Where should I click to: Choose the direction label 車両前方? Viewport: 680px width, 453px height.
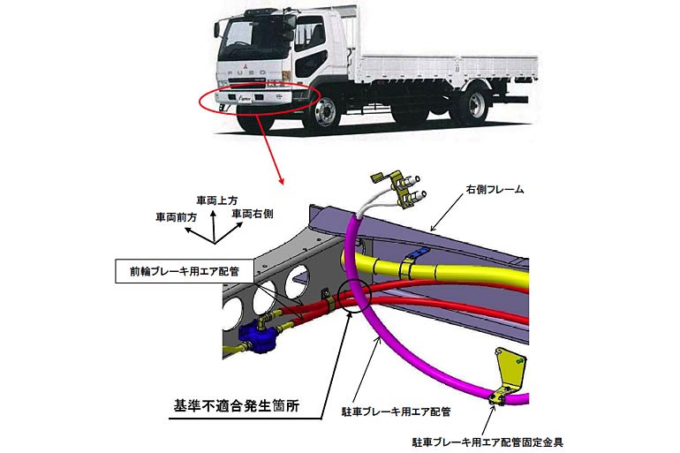[176, 215]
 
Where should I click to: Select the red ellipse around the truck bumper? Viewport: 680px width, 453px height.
[253, 99]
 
